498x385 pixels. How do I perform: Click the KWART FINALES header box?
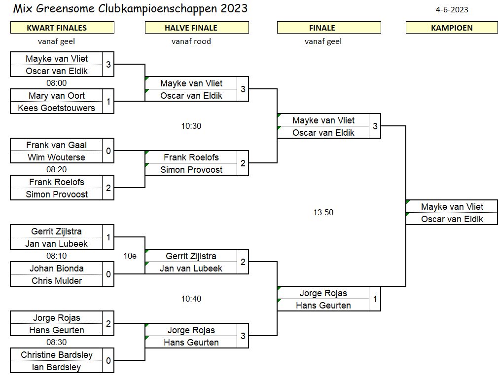click(x=62, y=28)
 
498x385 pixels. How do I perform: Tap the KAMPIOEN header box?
click(x=452, y=28)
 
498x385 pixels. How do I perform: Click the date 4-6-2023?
click(x=452, y=9)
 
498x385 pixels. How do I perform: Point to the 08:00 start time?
click(x=57, y=83)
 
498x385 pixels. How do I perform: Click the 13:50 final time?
click(x=323, y=212)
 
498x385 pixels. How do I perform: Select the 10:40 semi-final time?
click(x=191, y=299)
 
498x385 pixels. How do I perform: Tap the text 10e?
click(x=130, y=256)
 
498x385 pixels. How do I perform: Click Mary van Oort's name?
click(x=57, y=96)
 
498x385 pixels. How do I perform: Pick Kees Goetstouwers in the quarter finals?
click(x=57, y=108)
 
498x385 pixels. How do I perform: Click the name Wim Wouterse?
click(x=57, y=157)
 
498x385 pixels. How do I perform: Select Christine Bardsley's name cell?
click(x=57, y=355)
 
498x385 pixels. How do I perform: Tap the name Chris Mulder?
click(x=57, y=281)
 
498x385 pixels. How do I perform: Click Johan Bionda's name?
click(x=57, y=269)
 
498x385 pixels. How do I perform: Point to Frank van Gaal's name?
click(x=57, y=145)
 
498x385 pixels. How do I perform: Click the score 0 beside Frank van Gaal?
click(x=108, y=151)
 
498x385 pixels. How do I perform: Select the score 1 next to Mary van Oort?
click(x=108, y=102)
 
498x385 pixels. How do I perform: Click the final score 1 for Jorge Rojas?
click(x=375, y=299)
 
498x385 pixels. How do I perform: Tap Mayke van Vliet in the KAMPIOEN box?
click(x=452, y=207)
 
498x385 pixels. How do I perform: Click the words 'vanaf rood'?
click(x=191, y=41)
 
